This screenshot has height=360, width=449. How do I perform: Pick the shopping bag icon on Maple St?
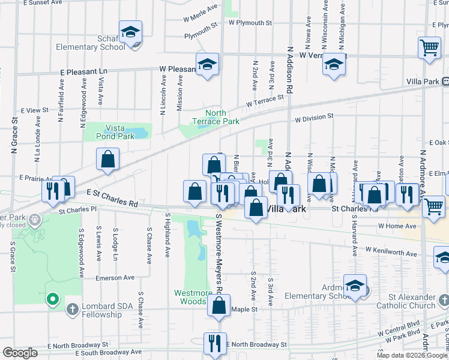pyautogui.click(x=219, y=305)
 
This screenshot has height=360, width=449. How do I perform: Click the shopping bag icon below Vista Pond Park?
pyautogui.click(x=108, y=160)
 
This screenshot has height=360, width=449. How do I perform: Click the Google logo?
pyautogui.click(x=20, y=353)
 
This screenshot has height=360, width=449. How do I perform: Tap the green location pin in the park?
pyautogui.click(x=52, y=298)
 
